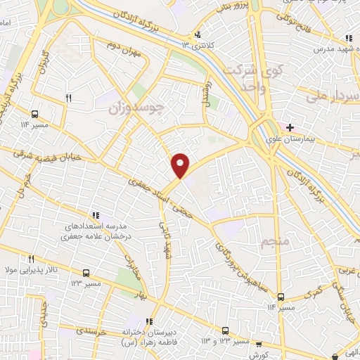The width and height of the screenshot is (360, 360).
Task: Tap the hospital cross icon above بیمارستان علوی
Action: point(290,127)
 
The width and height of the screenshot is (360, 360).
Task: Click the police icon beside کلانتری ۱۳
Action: point(199,34)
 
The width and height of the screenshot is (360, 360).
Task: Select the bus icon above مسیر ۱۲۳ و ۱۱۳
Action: point(225,330)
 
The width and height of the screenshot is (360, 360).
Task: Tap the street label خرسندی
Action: point(91,329)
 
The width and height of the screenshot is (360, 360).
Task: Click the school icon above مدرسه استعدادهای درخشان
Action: point(95,214)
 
